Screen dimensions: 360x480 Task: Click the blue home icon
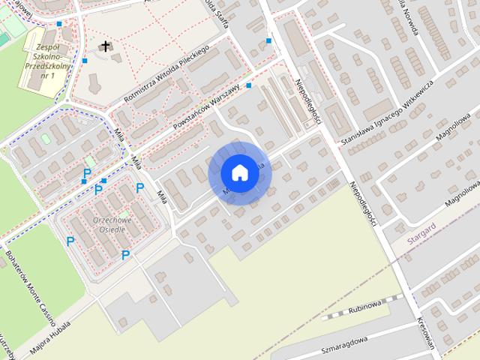coord(239,172)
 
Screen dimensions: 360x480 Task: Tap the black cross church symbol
coord(106,47)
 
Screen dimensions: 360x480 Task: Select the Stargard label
coord(424,234)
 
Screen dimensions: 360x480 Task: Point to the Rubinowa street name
coord(365,307)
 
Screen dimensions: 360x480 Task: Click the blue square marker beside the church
coord(85,60)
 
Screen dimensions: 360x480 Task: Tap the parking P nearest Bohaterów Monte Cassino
coord(70,241)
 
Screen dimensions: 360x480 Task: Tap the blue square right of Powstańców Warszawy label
coord(249,85)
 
